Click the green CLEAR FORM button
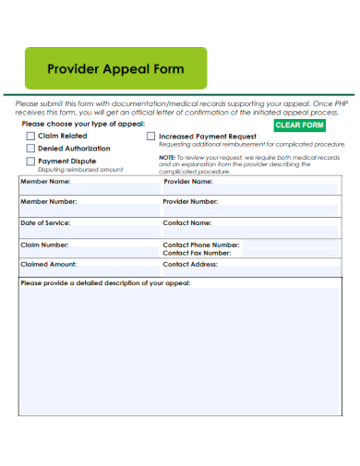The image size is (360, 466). click(x=300, y=125)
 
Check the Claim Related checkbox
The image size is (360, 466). click(x=30, y=136)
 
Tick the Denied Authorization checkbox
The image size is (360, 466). click(x=30, y=148)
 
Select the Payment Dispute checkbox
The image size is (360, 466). click(x=30, y=161)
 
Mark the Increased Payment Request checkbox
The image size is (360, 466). click(x=151, y=136)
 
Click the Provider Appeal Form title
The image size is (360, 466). click(x=115, y=69)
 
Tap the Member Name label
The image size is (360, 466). click(x=46, y=182)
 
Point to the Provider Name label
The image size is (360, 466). click(x=188, y=182)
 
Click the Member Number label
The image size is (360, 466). click(x=49, y=201)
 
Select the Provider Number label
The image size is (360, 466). click(x=191, y=201)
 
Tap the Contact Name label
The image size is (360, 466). click(x=187, y=223)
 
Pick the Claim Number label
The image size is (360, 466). click(x=44, y=245)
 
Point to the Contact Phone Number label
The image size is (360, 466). click(x=201, y=245)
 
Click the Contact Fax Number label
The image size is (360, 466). click(x=197, y=253)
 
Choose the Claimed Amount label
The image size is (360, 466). click(x=48, y=264)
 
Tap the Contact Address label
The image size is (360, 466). click(x=191, y=264)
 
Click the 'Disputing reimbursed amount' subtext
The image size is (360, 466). click(x=80, y=170)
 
